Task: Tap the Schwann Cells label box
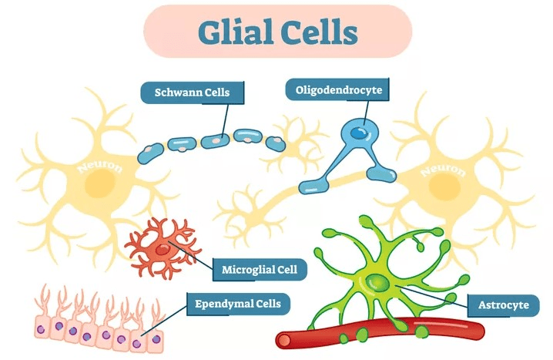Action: (186, 93)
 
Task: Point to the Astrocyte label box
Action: (501, 305)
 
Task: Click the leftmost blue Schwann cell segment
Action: (150, 153)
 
